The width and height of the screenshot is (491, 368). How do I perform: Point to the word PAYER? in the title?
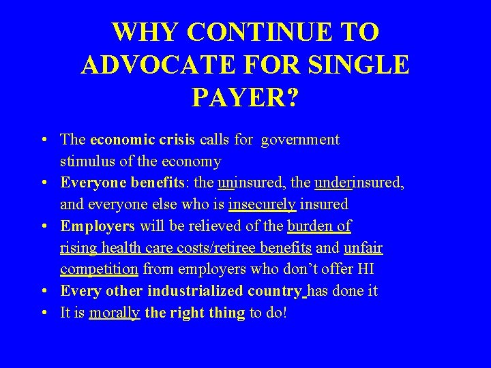tap(245, 97)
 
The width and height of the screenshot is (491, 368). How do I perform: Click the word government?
tap(301, 140)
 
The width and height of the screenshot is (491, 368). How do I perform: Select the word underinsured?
tap(359, 183)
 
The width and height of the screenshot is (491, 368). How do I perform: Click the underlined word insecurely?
tap(263, 204)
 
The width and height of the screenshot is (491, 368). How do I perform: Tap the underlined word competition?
tap(99, 269)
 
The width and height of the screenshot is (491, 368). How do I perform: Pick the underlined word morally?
tap(115, 313)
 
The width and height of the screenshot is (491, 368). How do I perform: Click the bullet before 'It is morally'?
tap(43, 313)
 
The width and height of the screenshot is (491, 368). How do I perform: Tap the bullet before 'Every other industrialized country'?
tap(43, 291)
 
